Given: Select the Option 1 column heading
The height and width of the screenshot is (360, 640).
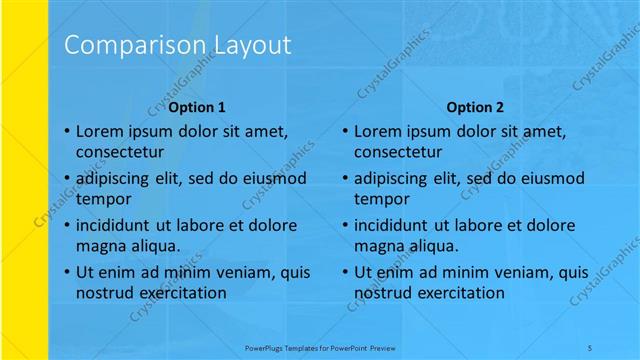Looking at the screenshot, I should click(197, 107).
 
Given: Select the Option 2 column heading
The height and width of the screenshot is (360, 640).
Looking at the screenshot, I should click(475, 107).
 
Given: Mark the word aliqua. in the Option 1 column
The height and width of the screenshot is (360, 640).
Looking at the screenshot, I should click(153, 245).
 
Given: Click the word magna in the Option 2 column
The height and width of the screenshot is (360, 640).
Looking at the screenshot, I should click(376, 245).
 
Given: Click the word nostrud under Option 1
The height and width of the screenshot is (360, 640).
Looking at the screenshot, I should click(102, 292).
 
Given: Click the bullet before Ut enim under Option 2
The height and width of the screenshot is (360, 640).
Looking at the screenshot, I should click(344, 273).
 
